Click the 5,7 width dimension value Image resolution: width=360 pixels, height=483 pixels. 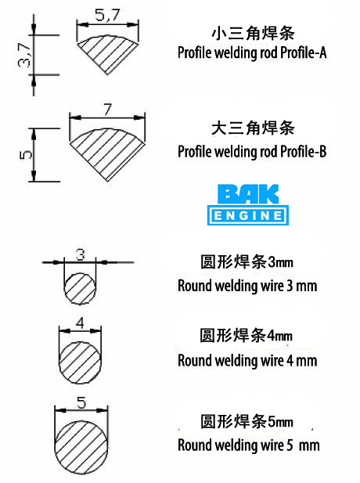click(x=107, y=15)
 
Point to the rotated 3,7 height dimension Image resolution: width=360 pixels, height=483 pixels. click(x=24, y=55)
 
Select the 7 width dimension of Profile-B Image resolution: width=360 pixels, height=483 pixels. click(x=107, y=110)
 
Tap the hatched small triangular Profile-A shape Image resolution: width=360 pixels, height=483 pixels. click(x=108, y=53)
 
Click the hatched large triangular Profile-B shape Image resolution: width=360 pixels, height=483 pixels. click(x=107, y=153)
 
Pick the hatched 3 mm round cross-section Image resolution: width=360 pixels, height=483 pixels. click(x=80, y=289)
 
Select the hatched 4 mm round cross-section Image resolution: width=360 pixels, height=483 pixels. click(x=80, y=362)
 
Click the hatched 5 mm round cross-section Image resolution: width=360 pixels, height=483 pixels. click(x=81, y=447)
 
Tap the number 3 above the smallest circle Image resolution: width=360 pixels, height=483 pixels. click(x=80, y=254)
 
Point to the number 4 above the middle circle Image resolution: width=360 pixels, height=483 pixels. click(x=80, y=323)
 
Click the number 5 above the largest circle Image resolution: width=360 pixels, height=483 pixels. click(x=81, y=402)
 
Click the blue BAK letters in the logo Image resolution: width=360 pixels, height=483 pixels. click(x=248, y=194)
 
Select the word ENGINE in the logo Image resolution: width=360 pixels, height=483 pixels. click(x=248, y=215)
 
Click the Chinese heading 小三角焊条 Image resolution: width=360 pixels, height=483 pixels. click(x=253, y=33)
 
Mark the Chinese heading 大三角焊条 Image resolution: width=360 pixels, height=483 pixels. click(x=253, y=128)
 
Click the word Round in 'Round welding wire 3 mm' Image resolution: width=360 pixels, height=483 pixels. click(x=194, y=286)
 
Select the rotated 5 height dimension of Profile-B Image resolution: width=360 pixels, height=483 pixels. click(x=26, y=154)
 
